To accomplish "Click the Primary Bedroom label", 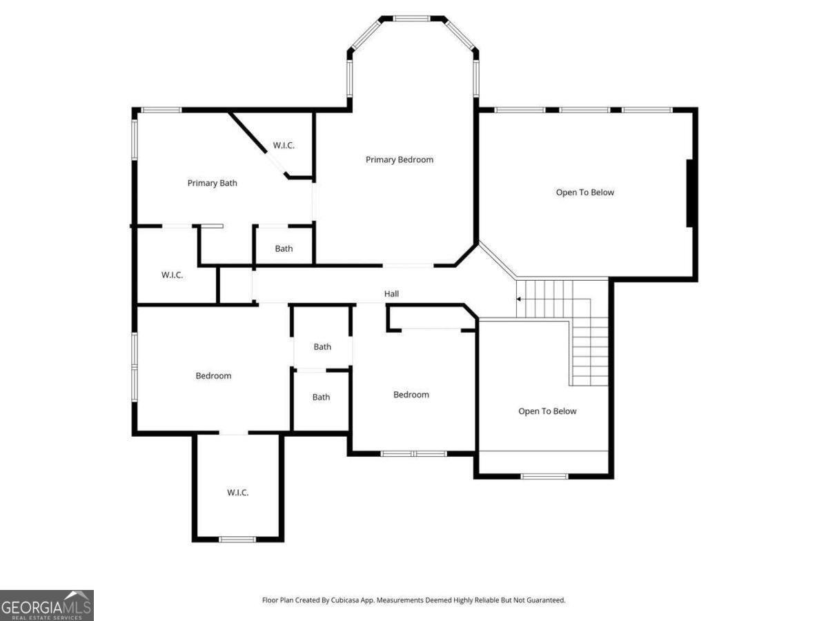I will [x=400, y=160].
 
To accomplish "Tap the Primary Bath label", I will [x=213, y=184].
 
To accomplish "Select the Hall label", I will [x=392, y=294].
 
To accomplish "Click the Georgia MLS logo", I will [x=46, y=605].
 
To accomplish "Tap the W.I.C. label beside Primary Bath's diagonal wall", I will [x=284, y=146].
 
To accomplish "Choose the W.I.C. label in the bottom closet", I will [x=237, y=493].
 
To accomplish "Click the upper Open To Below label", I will [x=585, y=193].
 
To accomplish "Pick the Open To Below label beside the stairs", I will [x=547, y=411].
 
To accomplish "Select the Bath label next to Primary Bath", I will [x=284, y=249].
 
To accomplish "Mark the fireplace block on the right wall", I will [x=689, y=193].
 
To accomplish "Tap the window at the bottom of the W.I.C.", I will [x=237, y=539].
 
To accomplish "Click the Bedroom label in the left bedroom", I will [x=213, y=376].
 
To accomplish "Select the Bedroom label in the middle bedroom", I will [x=411, y=395].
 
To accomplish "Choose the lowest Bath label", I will [x=321, y=397].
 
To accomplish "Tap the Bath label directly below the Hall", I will [x=322, y=347].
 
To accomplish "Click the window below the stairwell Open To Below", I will [x=544, y=475].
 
